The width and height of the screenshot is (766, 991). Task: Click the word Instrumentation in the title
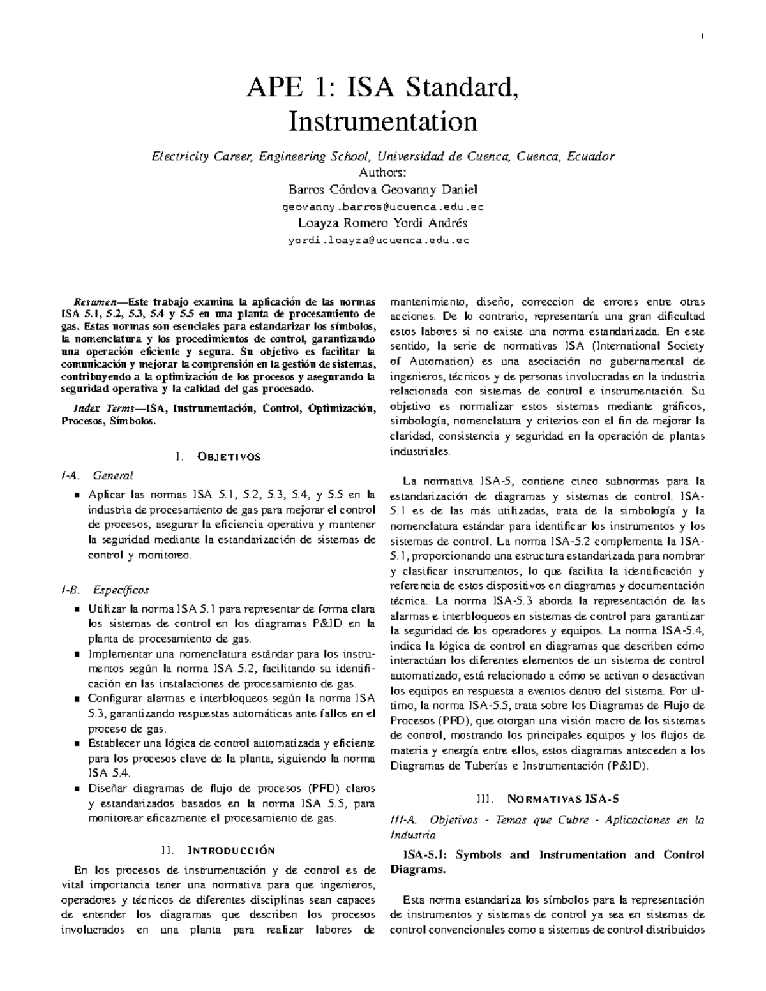382,121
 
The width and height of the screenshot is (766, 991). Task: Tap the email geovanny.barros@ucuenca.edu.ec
382,207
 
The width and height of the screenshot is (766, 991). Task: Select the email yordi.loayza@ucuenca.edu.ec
382,241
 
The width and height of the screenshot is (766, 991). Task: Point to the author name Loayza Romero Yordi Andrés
382,223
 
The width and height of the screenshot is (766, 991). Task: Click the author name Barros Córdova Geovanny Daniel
382,190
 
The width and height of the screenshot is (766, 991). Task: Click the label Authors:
382,172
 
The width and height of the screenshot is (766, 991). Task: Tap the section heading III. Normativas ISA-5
547,798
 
